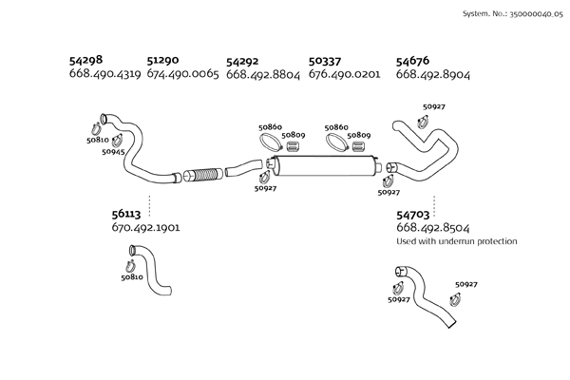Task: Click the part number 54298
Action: (x=87, y=59)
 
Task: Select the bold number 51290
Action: (x=165, y=59)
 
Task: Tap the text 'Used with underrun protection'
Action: (x=456, y=241)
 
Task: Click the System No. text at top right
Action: (x=511, y=15)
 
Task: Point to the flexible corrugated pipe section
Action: (x=201, y=175)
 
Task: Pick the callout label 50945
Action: (x=114, y=152)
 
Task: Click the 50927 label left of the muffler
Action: (x=266, y=188)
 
